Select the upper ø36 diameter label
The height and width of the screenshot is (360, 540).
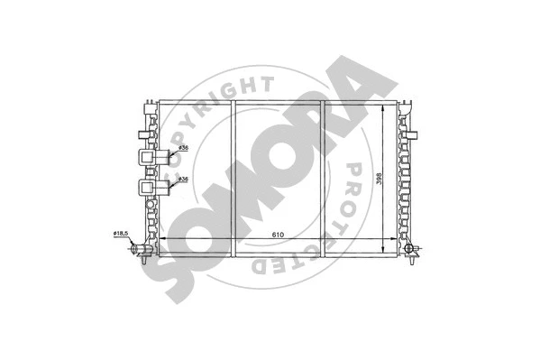click(181, 148)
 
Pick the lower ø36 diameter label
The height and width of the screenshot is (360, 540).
click(181, 180)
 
